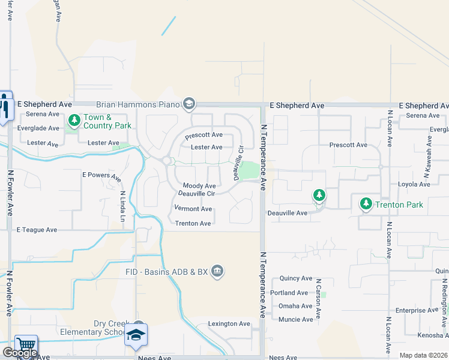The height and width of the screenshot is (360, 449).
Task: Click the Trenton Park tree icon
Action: pos(366,204)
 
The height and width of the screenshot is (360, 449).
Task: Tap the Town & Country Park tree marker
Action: pos(74,121)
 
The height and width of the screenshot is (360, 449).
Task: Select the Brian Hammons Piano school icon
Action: pos(189,104)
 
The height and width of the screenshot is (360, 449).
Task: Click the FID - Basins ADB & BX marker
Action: pos(217,272)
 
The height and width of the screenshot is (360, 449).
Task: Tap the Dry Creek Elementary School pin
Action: pos(136,334)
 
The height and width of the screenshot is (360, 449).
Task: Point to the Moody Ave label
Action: pos(199,187)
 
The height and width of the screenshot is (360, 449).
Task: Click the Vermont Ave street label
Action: pos(193,209)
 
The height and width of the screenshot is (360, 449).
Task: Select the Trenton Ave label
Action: pos(193,223)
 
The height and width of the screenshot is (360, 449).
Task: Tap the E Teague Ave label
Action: pos(37,230)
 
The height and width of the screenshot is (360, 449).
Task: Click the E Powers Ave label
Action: pos(101,176)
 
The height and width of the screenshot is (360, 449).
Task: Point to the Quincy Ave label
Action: pos(295,278)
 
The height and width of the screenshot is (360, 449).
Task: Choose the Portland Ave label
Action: pos(289,293)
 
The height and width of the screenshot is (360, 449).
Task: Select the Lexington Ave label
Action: pos(229,324)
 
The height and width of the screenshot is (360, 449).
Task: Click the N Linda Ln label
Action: pos(122,206)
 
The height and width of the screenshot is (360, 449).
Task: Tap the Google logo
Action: pos(20,353)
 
